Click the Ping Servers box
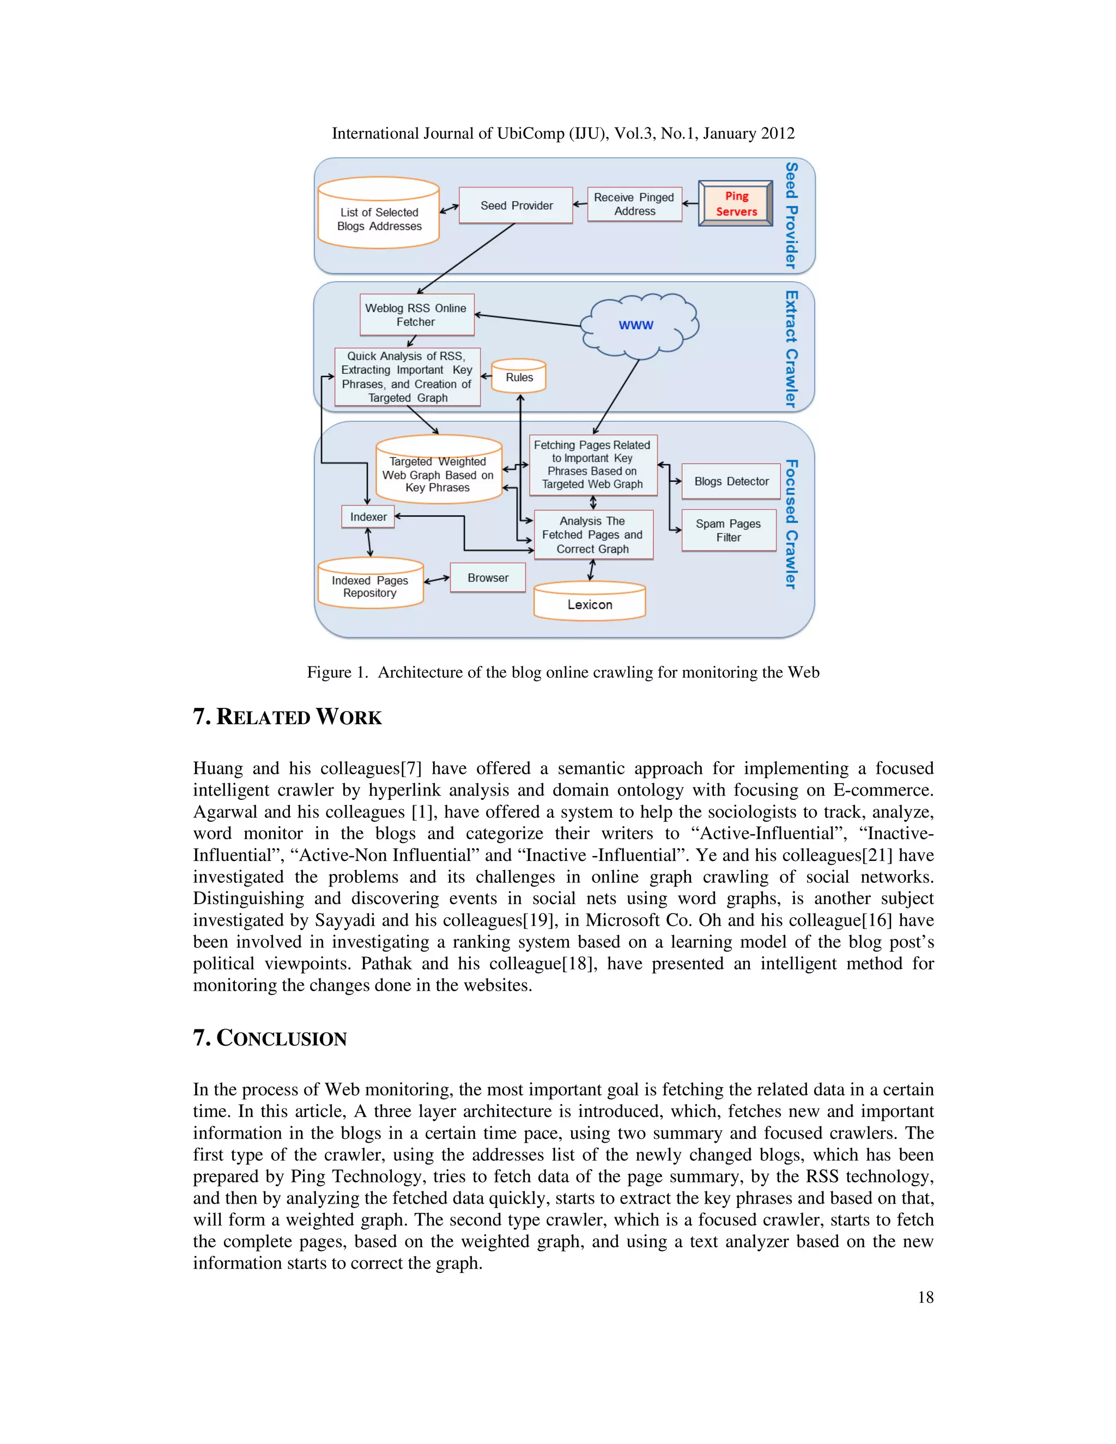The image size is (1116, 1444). point(735,204)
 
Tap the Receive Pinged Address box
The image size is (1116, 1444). point(634,204)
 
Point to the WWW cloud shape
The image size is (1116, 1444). point(636,325)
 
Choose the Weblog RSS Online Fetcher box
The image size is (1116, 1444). point(416,315)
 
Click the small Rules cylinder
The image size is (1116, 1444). point(519,377)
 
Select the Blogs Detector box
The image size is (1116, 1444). point(731,481)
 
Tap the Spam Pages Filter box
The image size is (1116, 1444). point(728,530)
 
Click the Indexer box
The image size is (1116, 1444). point(368,517)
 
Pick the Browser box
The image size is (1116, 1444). point(488,578)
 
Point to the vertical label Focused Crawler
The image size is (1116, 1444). point(791,524)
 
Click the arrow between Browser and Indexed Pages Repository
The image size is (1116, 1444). point(436,580)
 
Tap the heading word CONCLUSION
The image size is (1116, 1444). point(281,1038)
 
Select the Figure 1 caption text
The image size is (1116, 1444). point(562,672)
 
